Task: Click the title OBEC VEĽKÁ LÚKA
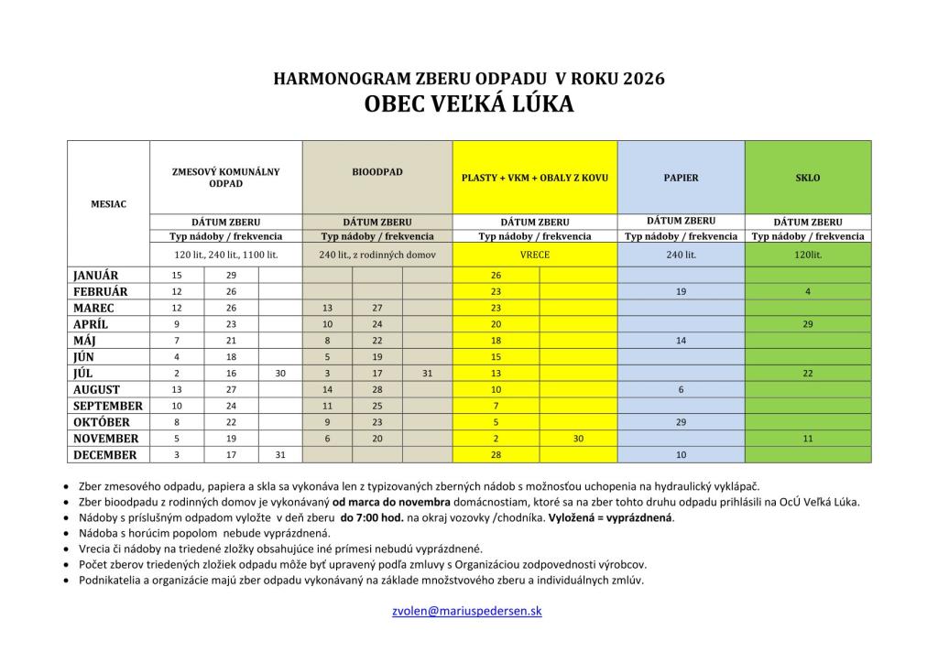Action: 469,104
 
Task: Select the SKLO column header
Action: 808,178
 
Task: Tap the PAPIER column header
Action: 681,178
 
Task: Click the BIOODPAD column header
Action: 376,171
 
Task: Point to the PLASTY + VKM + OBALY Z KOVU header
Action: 534,178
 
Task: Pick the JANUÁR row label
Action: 95,275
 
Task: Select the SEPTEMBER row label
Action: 107,406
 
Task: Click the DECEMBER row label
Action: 104,455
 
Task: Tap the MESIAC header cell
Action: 109,203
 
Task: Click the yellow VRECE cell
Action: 534,255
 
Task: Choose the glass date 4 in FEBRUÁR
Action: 808,291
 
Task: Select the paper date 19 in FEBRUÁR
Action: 681,291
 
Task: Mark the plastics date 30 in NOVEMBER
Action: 578,439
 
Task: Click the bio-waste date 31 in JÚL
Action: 427,373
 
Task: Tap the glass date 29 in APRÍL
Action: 808,324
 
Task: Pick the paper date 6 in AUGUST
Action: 681,389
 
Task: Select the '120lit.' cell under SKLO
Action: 808,255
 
